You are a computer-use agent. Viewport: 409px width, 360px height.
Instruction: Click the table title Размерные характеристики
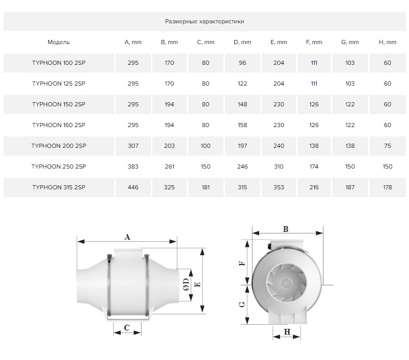click(x=204, y=21)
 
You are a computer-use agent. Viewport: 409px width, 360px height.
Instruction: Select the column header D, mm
click(x=242, y=42)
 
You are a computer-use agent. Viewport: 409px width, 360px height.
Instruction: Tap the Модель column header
click(x=59, y=43)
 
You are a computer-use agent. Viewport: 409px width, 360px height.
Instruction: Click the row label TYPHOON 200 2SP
click(x=59, y=146)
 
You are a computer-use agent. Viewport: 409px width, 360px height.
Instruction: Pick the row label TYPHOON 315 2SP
click(x=59, y=187)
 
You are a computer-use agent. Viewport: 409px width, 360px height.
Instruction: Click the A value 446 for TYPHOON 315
click(x=133, y=187)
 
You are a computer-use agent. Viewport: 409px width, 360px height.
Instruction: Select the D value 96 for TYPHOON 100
click(x=242, y=63)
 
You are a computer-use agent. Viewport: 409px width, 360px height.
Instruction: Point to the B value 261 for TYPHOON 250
click(x=170, y=167)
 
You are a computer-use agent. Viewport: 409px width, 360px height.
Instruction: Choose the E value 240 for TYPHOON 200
click(x=278, y=146)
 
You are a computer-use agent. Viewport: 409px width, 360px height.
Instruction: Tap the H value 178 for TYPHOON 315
click(x=387, y=187)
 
